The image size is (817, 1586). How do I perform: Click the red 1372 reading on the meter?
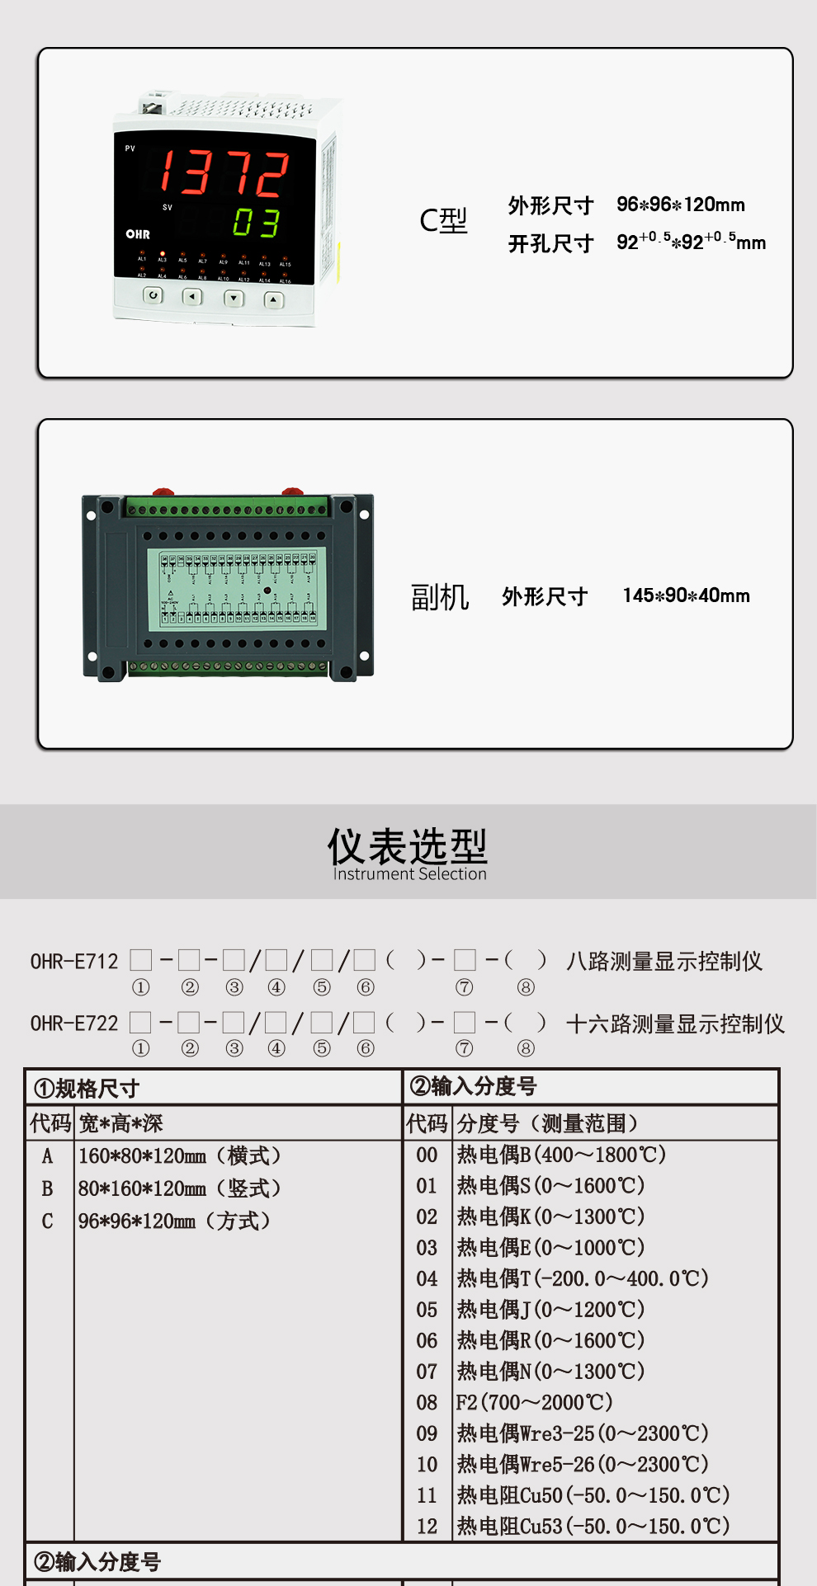click(x=224, y=173)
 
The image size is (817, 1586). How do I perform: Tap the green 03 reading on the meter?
click(x=256, y=223)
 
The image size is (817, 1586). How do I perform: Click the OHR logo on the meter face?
click(x=138, y=234)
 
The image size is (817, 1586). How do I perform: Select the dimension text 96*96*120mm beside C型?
click(x=680, y=205)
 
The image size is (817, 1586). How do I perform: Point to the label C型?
click(x=443, y=221)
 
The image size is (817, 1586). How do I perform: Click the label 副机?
click(x=440, y=596)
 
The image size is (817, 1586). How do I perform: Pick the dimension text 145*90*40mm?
click(x=686, y=595)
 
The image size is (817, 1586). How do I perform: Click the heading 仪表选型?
click(x=408, y=846)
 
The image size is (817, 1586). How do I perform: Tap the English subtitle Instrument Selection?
click(x=409, y=874)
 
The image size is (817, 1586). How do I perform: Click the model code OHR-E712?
click(x=74, y=962)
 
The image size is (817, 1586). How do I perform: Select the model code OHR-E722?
click(x=74, y=1024)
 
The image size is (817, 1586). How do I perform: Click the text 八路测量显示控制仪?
click(x=664, y=962)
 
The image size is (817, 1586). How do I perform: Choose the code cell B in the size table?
click(x=47, y=1188)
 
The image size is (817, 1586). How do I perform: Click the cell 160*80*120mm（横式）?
click(x=179, y=1155)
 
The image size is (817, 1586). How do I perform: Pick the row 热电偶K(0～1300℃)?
click(x=550, y=1217)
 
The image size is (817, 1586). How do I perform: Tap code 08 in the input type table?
click(x=427, y=1402)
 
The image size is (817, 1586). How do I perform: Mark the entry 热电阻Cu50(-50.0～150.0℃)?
click(x=593, y=1495)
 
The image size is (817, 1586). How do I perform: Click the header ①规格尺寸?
click(x=87, y=1089)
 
